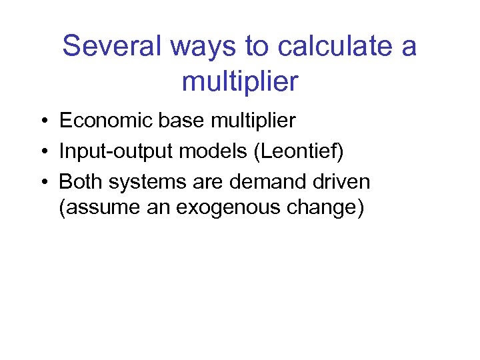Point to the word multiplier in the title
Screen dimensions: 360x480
tap(240, 83)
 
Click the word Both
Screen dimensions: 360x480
tap(78, 181)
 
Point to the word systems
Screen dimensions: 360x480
tap(138, 182)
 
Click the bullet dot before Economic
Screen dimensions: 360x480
tap(42, 121)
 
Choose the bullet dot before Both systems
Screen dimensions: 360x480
tap(42, 182)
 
